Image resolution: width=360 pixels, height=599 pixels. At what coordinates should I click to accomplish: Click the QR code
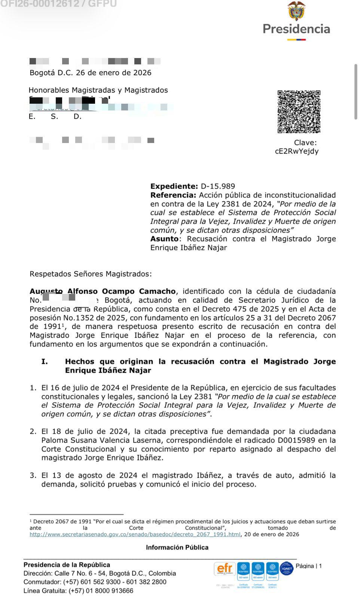coord(299,112)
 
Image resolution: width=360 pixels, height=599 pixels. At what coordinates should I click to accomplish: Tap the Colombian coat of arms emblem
coord(296,11)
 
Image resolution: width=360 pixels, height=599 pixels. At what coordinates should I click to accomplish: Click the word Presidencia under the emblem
coord(296,29)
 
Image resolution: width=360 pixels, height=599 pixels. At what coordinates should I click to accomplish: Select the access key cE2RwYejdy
coord(297,151)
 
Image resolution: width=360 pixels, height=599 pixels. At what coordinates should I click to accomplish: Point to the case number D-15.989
coord(218,186)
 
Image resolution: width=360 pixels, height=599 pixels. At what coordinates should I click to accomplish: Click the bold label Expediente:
coord(174,186)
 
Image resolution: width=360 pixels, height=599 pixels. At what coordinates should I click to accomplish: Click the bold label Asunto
coord(164,239)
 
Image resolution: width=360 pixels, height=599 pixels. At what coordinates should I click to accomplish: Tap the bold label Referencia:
coord(173,195)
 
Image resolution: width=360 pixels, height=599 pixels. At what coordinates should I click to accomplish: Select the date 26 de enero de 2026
coord(114,73)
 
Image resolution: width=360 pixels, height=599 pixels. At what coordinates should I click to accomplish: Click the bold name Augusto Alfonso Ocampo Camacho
coord(103,291)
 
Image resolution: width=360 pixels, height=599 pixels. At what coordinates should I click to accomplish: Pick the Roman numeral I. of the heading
coord(45,362)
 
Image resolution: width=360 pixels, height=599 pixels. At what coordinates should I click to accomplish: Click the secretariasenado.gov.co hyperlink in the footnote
coord(135,534)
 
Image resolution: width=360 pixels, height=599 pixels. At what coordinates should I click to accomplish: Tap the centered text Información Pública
coord(177,547)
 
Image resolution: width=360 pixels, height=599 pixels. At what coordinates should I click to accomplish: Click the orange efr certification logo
coord(225,570)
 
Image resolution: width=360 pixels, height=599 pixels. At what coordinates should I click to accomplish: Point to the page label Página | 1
coord(309,566)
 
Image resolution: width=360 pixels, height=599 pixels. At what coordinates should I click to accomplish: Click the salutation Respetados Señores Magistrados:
coord(91,274)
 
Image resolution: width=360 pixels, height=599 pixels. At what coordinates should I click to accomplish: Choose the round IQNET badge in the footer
coord(287,569)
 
